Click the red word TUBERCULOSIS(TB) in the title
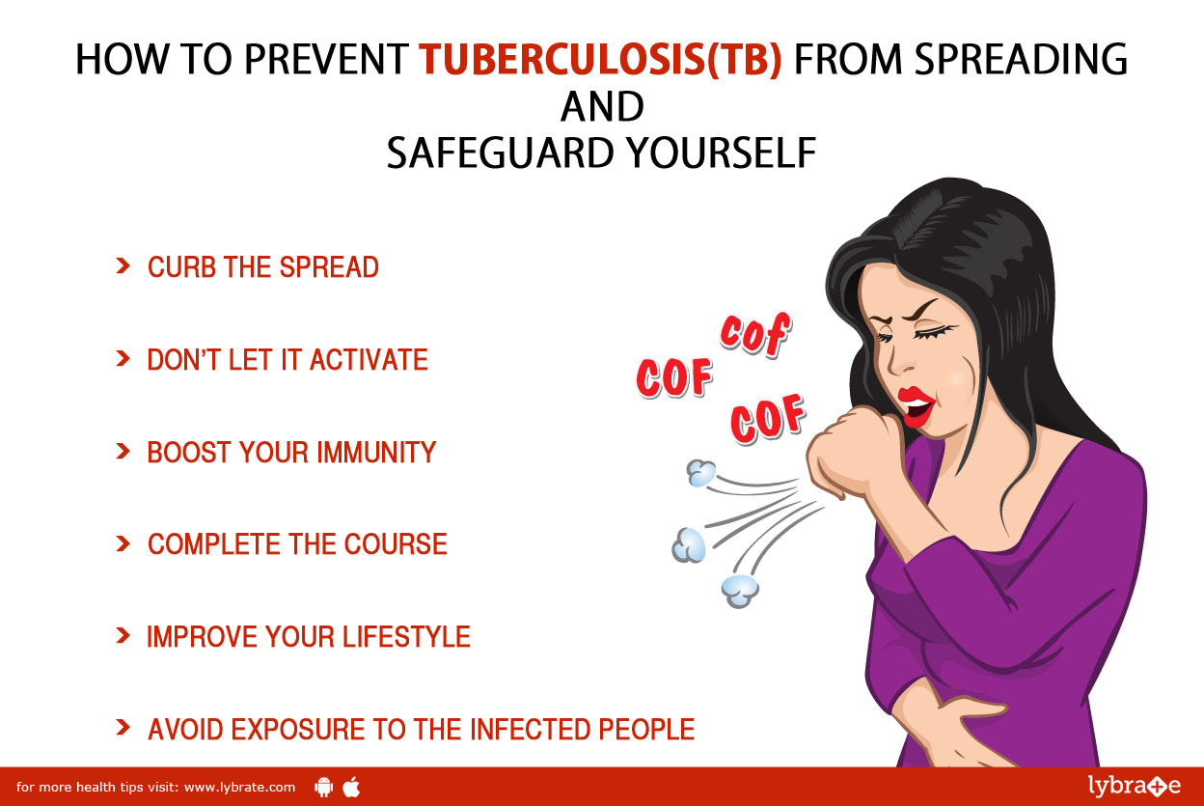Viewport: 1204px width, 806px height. [600, 59]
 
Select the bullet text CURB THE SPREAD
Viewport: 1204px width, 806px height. [263, 267]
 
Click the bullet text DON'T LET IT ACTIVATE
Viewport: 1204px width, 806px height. [287, 360]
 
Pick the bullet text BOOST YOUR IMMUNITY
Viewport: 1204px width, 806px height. [291, 452]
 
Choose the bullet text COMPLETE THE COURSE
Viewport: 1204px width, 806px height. [297, 544]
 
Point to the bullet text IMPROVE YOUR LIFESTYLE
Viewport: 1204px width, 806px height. [309, 637]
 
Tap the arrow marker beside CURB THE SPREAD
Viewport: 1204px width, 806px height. [123, 266]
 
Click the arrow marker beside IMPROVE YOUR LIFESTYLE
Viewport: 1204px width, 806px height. [123, 635]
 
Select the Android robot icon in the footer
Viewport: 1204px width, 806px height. [323, 788]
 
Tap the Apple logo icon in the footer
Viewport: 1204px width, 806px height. [351, 788]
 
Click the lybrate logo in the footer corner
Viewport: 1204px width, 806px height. [1135, 786]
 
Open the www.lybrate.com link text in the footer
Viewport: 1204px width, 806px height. [239, 788]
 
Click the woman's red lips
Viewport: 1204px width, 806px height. [917, 407]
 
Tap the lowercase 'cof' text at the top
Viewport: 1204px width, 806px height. [755, 334]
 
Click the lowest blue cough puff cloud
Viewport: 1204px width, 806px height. [740, 591]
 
